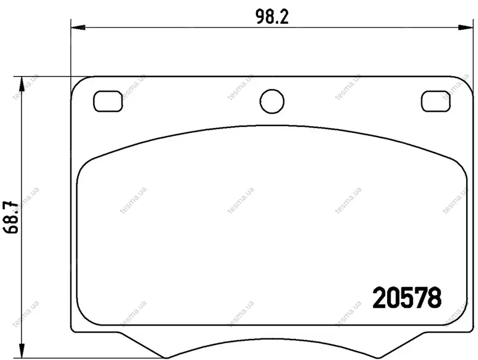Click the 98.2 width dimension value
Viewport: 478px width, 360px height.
click(272, 17)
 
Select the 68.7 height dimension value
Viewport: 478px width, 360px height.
click(11, 216)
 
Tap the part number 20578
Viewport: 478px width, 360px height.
click(407, 297)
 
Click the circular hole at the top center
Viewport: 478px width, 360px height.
click(272, 101)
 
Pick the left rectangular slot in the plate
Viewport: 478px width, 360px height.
click(108, 101)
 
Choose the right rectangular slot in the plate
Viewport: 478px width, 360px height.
click(436, 101)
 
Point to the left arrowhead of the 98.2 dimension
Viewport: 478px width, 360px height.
click(78, 28)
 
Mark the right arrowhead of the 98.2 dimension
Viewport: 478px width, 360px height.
click(466, 28)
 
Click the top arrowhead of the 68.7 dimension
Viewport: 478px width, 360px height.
click(22, 84)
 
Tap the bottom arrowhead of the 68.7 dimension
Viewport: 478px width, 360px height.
click(22, 350)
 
